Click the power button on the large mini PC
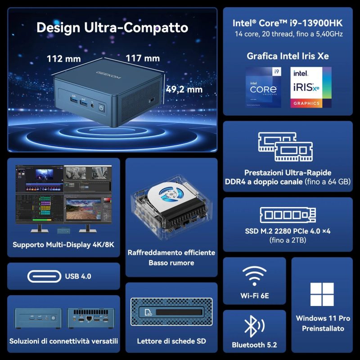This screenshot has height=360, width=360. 102,108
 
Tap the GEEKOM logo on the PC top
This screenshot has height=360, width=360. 108,75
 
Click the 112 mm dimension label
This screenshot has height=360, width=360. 64,59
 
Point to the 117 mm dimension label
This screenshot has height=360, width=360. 143,58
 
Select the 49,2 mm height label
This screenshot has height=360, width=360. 184,89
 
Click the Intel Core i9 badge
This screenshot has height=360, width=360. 263,87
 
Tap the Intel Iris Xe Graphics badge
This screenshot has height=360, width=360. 311,87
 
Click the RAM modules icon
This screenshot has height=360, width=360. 285,147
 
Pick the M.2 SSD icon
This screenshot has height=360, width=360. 288,215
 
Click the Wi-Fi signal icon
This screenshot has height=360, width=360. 254,276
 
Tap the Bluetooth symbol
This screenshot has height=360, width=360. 254,326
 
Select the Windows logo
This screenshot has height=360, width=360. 322,294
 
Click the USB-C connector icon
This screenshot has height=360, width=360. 44,276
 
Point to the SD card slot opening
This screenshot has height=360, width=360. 179,312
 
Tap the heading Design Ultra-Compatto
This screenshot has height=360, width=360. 112,27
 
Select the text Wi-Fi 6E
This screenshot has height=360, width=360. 255,296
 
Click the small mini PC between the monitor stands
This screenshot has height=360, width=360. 63,230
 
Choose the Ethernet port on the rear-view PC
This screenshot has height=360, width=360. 89,319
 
